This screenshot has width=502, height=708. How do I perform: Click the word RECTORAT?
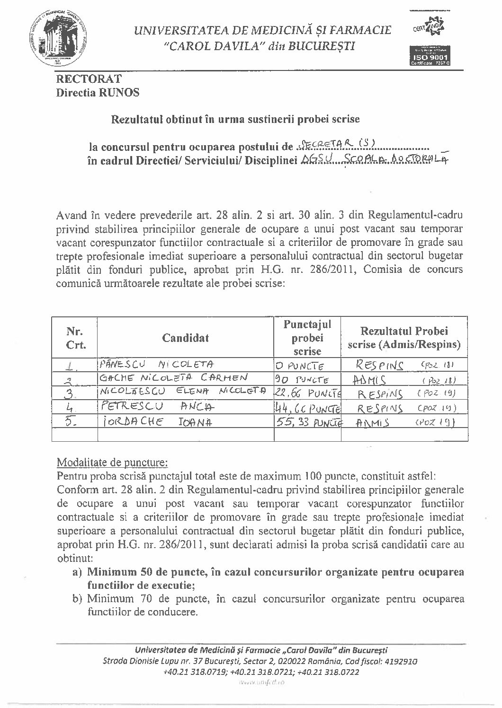(89, 79)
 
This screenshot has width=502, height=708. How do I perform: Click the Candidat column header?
(185, 338)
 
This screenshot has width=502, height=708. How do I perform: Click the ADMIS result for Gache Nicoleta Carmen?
(370, 379)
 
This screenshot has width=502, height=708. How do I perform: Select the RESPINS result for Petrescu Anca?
(379, 408)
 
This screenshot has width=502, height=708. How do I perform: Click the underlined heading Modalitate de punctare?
(111, 462)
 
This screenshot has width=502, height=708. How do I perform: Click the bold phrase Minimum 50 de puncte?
(146, 572)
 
